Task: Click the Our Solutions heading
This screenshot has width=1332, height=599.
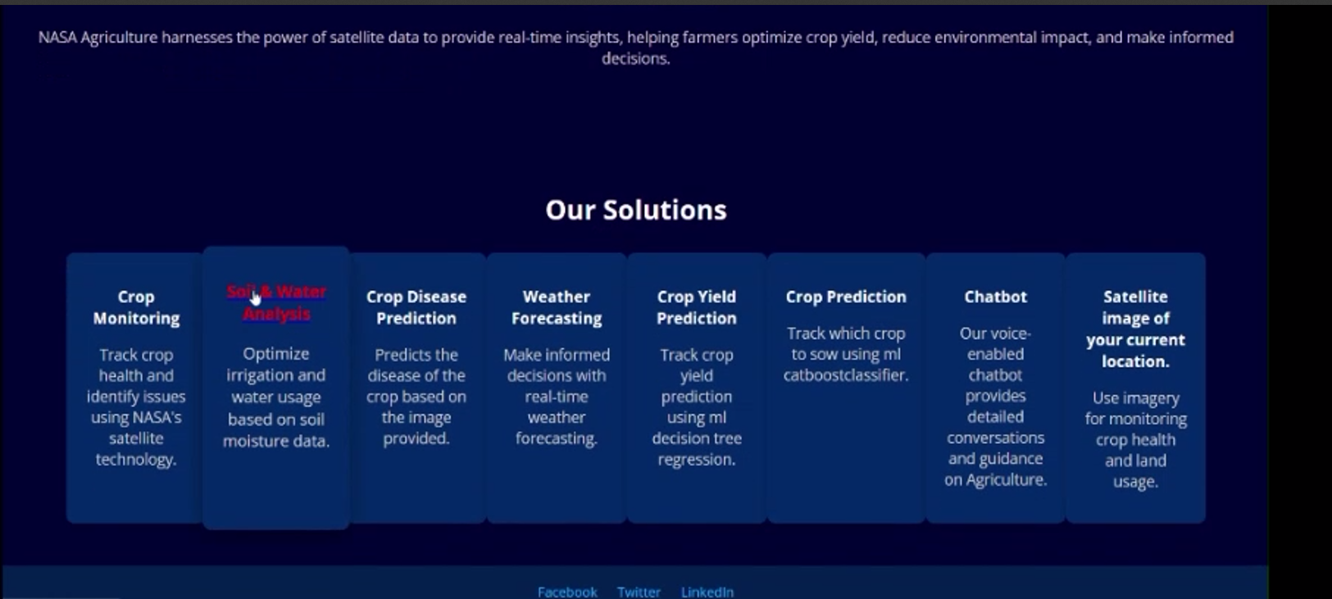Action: pyautogui.click(x=636, y=210)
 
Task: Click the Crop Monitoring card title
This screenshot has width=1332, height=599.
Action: pyautogui.click(x=136, y=307)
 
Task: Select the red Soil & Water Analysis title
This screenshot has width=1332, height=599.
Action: pyautogui.click(x=276, y=302)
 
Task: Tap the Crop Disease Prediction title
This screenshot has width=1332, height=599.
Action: pyautogui.click(x=416, y=307)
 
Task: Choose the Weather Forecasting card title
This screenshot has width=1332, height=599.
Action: pyautogui.click(x=557, y=307)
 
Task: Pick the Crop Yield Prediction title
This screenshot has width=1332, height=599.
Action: pyautogui.click(x=696, y=307)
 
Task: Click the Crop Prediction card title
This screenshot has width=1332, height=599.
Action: pyautogui.click(x=846, y=297)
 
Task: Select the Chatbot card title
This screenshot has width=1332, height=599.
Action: pyautogui.click(x=995, y=297)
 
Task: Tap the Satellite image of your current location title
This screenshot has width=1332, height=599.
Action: pyautogui.click(x=1135, y=329)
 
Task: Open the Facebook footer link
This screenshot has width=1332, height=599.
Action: pyautogui.click(x=567, y=592)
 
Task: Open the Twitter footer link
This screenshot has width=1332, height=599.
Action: pyautogui.click(x=639, y=592)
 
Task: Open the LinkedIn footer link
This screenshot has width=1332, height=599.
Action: pyautogui.click(x=707, y=592)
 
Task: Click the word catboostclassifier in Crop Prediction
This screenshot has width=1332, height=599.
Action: pyautogui.click(x=846, y=375)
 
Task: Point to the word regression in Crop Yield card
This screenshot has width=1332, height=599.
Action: pyautogui.click(x=696, y=460)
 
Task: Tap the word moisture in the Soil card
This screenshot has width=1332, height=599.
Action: pyautogui.click(x=250, y=441)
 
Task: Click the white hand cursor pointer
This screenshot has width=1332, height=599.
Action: pyautogui.click(x=255, y=297)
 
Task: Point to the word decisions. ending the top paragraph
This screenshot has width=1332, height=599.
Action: pyautogui.click(x=636, y=58)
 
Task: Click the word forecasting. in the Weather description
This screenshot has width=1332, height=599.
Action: pyautogui.click(x=557, y=438)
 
